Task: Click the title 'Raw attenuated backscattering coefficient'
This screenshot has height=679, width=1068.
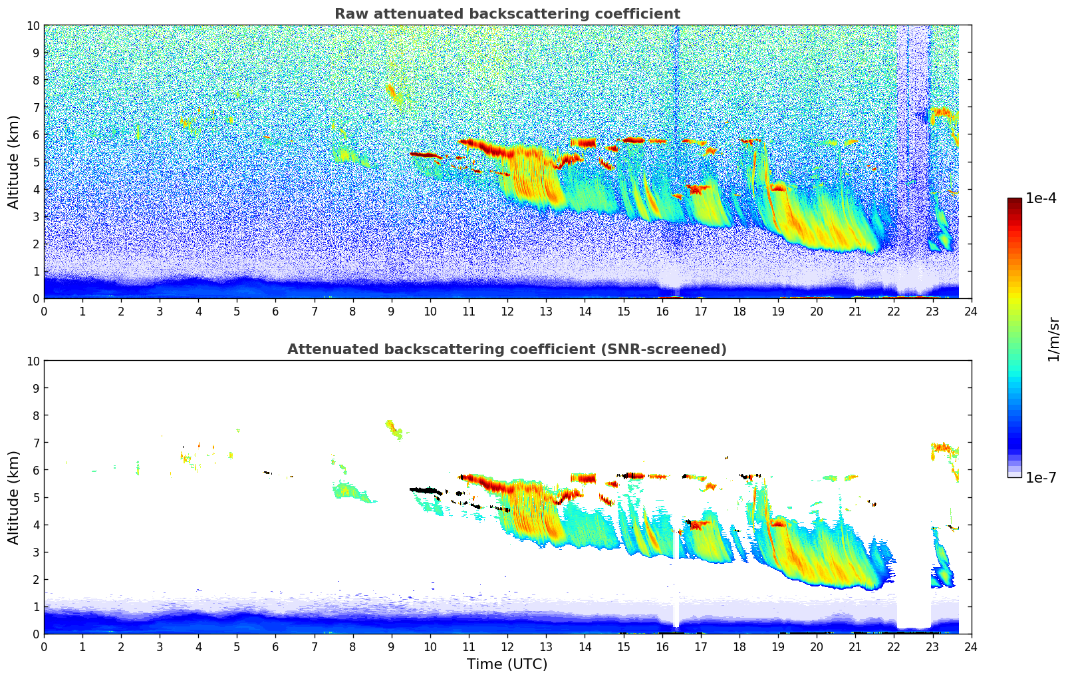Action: (507, 14)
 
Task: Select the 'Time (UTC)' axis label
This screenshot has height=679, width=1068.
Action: (507, 664)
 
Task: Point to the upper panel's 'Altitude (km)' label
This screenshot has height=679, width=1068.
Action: (14, 162)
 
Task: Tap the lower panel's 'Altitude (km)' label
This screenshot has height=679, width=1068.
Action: (14, 497)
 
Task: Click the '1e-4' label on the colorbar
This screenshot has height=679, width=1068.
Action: (1041, 198)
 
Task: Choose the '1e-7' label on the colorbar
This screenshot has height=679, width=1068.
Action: (1041, 477)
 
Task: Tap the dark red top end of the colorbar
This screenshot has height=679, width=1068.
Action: (1014, 201)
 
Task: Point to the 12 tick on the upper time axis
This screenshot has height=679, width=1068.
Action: (507, 311)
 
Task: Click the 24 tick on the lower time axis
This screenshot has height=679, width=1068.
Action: (971, 646)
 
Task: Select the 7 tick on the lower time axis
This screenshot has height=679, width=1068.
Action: (315, 646)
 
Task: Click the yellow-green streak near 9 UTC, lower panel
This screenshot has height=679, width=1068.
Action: (394, 429)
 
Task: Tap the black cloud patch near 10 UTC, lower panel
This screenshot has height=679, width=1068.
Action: (426, 491)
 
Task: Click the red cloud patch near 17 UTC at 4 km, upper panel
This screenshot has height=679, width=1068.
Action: (698, 189)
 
